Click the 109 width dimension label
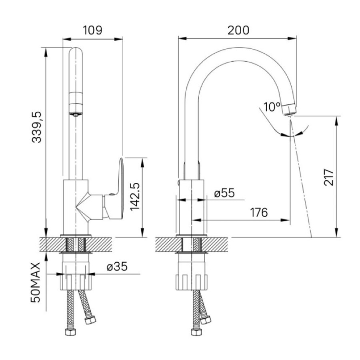click(92, 30)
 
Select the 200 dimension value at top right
click(238, 30)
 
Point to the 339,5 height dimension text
click(36, 127)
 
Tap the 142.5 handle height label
click(135, 197)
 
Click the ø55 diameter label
click(224, 193)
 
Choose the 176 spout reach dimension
click(259, 213)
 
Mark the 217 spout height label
click(328, 177)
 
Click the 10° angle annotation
click(272, 107)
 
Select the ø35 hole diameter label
click(117, 266)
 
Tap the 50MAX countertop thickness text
click(36, 282)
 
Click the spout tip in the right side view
click(289, 110)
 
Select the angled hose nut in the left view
click(90, 319)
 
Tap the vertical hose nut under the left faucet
click(70, 332)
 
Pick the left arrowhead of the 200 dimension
click(182, 38)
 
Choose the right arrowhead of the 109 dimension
click(118, 39)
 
